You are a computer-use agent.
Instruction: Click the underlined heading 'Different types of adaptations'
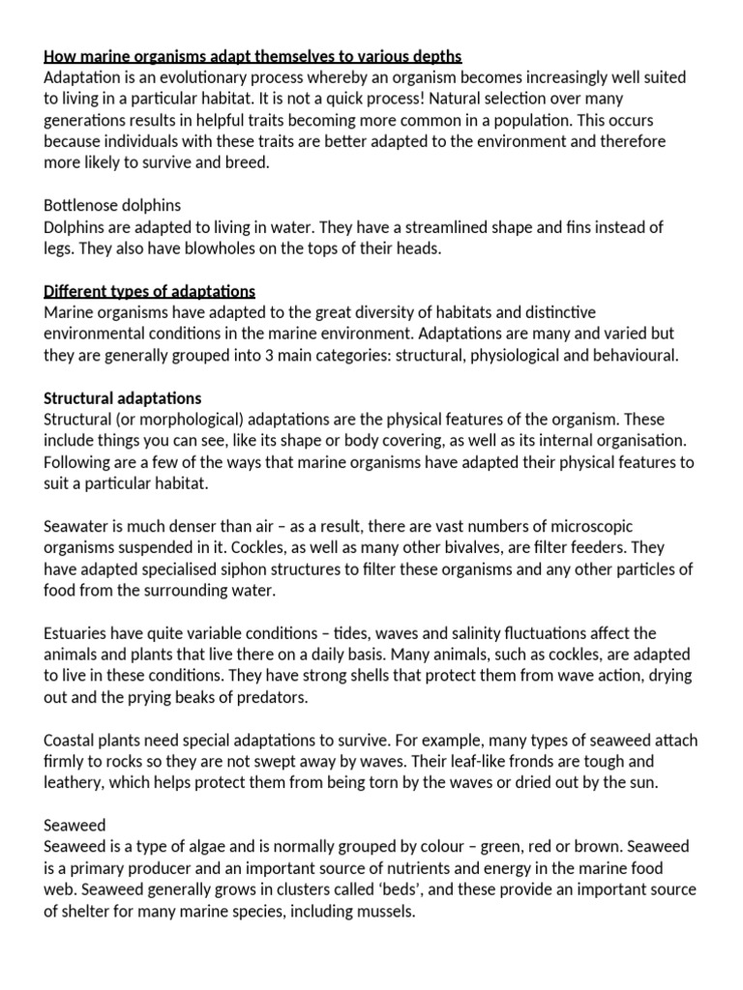click(149, 291)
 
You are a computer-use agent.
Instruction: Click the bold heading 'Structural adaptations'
click(122, 398)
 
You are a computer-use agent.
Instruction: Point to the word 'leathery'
click(74, 782)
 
